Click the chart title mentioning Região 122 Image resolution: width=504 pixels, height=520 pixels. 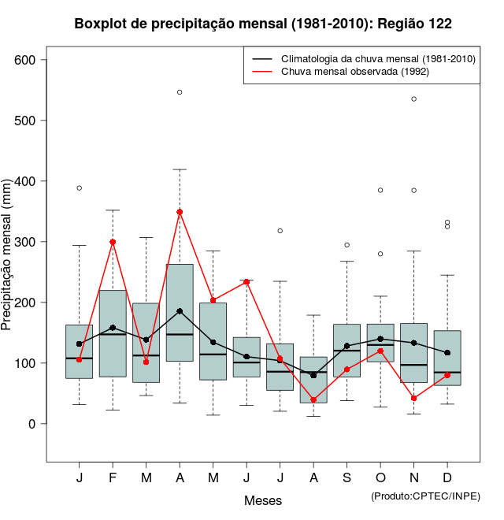point(263,24)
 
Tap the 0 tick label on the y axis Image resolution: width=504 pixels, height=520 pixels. point(31,424)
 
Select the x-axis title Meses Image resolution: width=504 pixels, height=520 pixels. point(263,500)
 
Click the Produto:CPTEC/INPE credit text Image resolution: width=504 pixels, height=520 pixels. point(425,496)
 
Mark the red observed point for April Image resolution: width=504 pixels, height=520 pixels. point(180,212)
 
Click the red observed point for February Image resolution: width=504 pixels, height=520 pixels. point(113,242)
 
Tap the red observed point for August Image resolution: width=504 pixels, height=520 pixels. point(313,400)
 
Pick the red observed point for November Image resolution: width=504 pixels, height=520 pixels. point(413,399)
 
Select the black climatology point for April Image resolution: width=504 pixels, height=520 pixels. point(180,311)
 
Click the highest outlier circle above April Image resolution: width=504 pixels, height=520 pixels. point(180,92)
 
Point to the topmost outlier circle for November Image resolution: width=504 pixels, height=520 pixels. point(413,98)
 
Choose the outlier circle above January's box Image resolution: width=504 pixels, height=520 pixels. point(80,188)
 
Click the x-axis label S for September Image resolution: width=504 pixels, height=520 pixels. point(346,478)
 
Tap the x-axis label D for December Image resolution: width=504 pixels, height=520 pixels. point(447,478)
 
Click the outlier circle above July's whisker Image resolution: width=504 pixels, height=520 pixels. point(280,231)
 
